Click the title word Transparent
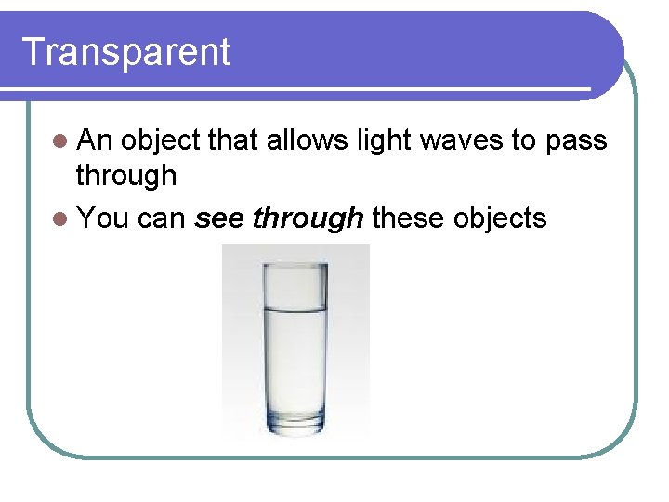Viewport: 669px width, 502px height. click(125, 52)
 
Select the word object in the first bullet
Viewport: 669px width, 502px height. click(161, 141)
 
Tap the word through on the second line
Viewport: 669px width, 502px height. click(125, 175)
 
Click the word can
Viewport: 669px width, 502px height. click(162, 218)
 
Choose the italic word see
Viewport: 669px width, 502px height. click(219, 218)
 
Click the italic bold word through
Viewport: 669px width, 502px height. click(308, 218)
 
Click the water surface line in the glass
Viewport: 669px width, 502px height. click(295, 308)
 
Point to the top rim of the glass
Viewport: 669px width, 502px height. click(295, 265)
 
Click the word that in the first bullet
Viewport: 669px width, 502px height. click(233, 140)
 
